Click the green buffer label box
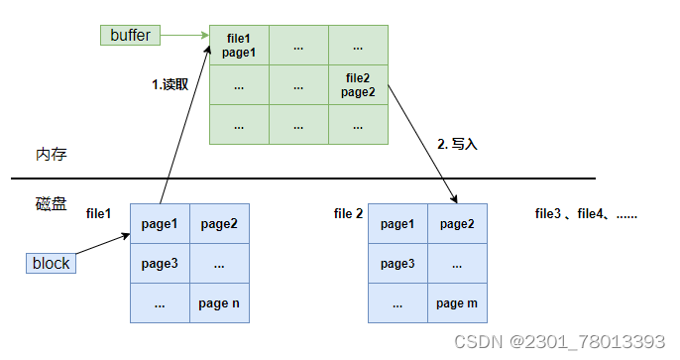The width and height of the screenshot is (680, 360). click(130, 36)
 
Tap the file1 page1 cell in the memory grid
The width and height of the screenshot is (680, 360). click(239, 46)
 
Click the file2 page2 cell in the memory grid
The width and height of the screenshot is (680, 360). click(359, 84)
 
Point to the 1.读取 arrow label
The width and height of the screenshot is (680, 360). click(170, 84)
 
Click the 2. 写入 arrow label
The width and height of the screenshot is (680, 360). click(457, 144)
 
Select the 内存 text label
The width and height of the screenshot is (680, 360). click(51, 156)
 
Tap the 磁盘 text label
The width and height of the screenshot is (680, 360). click(51, 204)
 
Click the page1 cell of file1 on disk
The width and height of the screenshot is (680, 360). click(160, 224)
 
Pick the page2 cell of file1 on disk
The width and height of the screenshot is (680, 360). click(219, 224)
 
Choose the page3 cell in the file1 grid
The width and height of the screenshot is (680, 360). click(160, 264)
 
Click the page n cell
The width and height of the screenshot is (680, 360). click(219, 303)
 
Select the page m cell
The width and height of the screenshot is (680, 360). click(457, 303)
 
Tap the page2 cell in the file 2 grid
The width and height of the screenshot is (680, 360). click(457, 224)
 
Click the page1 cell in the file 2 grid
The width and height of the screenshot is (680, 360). click(397, 224)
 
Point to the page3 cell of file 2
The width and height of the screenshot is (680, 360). click(397, 264)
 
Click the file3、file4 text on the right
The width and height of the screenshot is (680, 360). click(585, 213)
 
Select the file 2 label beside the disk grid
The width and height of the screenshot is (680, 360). click(349, 213)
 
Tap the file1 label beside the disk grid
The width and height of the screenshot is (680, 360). click(99, 213)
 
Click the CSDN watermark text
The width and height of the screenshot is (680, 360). click(559, 342)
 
